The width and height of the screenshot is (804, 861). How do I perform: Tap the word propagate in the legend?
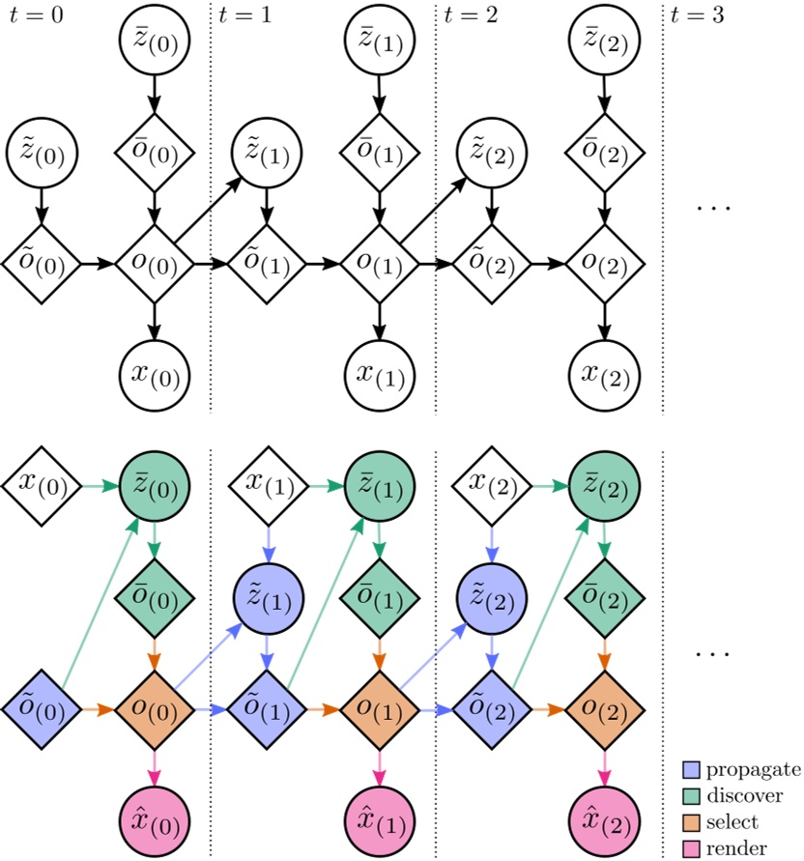pyautogui.click(x=754, y=769)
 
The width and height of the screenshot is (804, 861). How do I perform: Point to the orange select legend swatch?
pyautogui.click(x=693, y=822)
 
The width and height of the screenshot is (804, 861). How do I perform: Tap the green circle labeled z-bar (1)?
pyautogui.click(x=378, y=483)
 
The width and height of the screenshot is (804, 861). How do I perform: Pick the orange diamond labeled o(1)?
pyautogui.click(x=379, y=710)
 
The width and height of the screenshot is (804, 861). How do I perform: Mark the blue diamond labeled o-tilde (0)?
pyautogui.click(x=40, y=710)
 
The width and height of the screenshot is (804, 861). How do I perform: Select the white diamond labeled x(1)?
pyautogui.click(x=267, y=483)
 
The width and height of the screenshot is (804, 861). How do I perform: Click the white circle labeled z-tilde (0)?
pyautogui.click(x=41, y=151)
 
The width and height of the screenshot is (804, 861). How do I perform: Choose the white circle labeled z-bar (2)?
pyautogui.click(x=605, y=39)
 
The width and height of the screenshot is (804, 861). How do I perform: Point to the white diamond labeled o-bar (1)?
pyautogui.click(x=379, y=152)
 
